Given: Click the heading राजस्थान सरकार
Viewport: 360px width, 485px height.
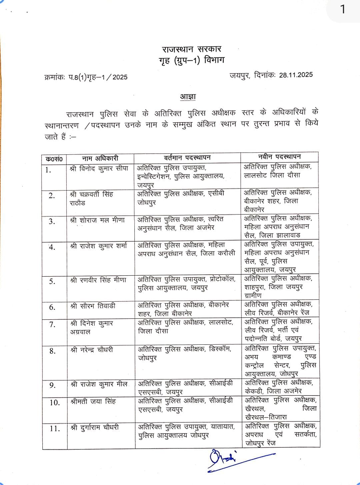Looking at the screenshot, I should [x=192, y=49].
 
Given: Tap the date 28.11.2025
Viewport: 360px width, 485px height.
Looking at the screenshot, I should [x=296, y=75].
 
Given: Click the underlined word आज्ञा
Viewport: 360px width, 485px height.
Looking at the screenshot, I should [x=188, y=97].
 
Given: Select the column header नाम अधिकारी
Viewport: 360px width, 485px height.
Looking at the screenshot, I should [x=100, y=158].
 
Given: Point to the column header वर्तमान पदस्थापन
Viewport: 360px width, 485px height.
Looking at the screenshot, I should [x=187, y=157].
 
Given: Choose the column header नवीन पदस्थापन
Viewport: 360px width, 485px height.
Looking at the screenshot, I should [x=279, y=157].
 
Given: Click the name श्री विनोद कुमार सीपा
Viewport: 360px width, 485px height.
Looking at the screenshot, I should [x=99, y=168].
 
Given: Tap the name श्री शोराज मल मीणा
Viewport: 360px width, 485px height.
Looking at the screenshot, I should [x=97, y=220].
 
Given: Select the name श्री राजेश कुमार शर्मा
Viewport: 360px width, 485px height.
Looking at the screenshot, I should [x=99, y=246].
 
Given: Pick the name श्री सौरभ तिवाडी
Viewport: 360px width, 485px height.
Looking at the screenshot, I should [x=93, y=306].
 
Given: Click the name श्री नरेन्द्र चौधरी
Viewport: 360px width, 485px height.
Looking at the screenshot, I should [x=92, y=350].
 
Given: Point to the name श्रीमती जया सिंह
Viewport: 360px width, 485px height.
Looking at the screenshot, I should [x=93, y=401].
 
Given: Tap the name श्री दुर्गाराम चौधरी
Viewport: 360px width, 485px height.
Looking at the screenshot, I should [x=95, y=427].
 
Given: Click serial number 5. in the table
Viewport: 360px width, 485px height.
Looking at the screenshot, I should [x=52, y=281].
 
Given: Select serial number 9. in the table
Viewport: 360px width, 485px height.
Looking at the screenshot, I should [x=52, y=385].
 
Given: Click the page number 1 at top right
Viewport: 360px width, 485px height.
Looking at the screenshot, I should [x=343, y=9].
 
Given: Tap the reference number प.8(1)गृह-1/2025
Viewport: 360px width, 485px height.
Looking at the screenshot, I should [x=98, y=77].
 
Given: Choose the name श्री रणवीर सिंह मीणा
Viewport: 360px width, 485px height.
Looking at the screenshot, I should [x=98, y=280].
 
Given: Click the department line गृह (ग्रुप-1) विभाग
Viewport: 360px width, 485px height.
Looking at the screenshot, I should [x=192, y=61].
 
